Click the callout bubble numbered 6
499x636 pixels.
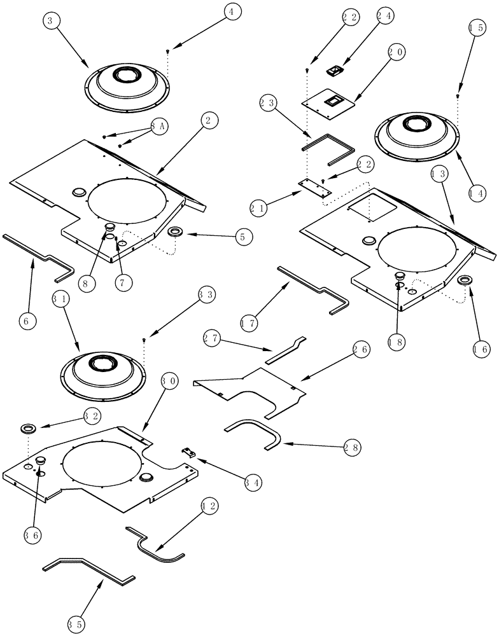click(25, 321)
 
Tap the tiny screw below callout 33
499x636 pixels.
click(144, 342)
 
